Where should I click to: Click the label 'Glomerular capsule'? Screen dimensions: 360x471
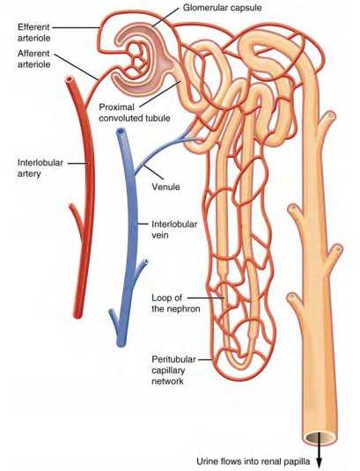tap(222, 8)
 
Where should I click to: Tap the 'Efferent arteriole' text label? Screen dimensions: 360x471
tap(33, 33)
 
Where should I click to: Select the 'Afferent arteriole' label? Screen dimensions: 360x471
tap(34, 59)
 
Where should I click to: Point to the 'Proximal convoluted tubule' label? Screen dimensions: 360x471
tap(135, 113)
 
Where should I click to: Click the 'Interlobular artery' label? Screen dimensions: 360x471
tap(40, 168)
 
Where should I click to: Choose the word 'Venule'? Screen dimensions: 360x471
tap(165, 187)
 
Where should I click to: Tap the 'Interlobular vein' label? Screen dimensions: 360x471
tap(174, 230)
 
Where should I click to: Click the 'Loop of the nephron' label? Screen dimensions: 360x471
tap(176, 304)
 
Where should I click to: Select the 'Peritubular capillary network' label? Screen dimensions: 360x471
tap(173, 370)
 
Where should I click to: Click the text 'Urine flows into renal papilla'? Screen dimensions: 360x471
tap(253, 460)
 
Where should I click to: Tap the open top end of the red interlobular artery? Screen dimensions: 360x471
tap(70, 80)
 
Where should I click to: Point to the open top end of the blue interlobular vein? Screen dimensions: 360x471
tap(121, 132)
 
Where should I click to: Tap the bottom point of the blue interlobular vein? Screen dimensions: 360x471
tap(121, 345)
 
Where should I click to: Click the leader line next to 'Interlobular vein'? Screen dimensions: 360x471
tap(143, 224)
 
